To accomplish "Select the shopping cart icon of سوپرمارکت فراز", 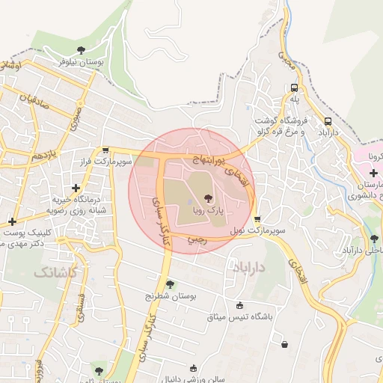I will tap(105, 150).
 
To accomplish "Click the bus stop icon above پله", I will tap(294, 86).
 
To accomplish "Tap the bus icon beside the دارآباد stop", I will tap(328, 120).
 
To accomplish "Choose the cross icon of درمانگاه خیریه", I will tap(75, 189).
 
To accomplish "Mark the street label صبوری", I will tap(76, 116).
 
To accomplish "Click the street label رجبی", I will tap(197, 239).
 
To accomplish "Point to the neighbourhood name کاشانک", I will tap(54, 272).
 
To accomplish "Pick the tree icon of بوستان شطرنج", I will tap(171, 284).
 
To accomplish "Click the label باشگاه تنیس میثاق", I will tap(239, 316).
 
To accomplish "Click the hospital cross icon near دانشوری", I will tap(373, 173).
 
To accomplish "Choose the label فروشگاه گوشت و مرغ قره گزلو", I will tap(280, 126).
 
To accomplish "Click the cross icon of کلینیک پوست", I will tap(12, 221).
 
